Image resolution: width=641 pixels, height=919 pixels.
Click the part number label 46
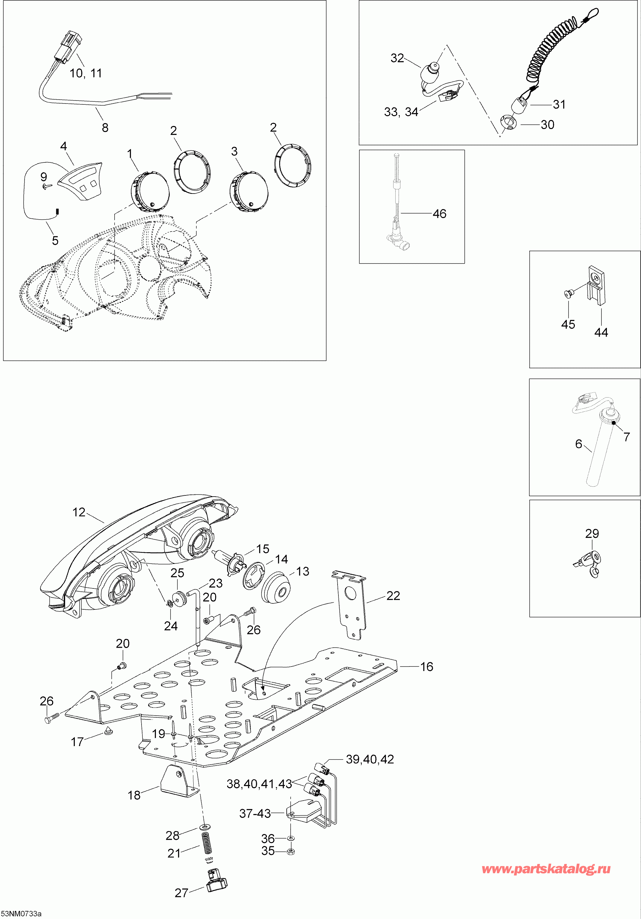point(439,214)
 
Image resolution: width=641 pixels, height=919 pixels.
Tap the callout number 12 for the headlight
point(79,512)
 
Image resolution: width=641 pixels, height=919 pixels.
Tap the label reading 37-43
point(255,813)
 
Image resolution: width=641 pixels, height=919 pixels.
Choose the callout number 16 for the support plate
point(427,667)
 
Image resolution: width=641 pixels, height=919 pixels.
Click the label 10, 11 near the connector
point(86,73)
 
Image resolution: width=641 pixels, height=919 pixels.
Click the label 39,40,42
point(370,759)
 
